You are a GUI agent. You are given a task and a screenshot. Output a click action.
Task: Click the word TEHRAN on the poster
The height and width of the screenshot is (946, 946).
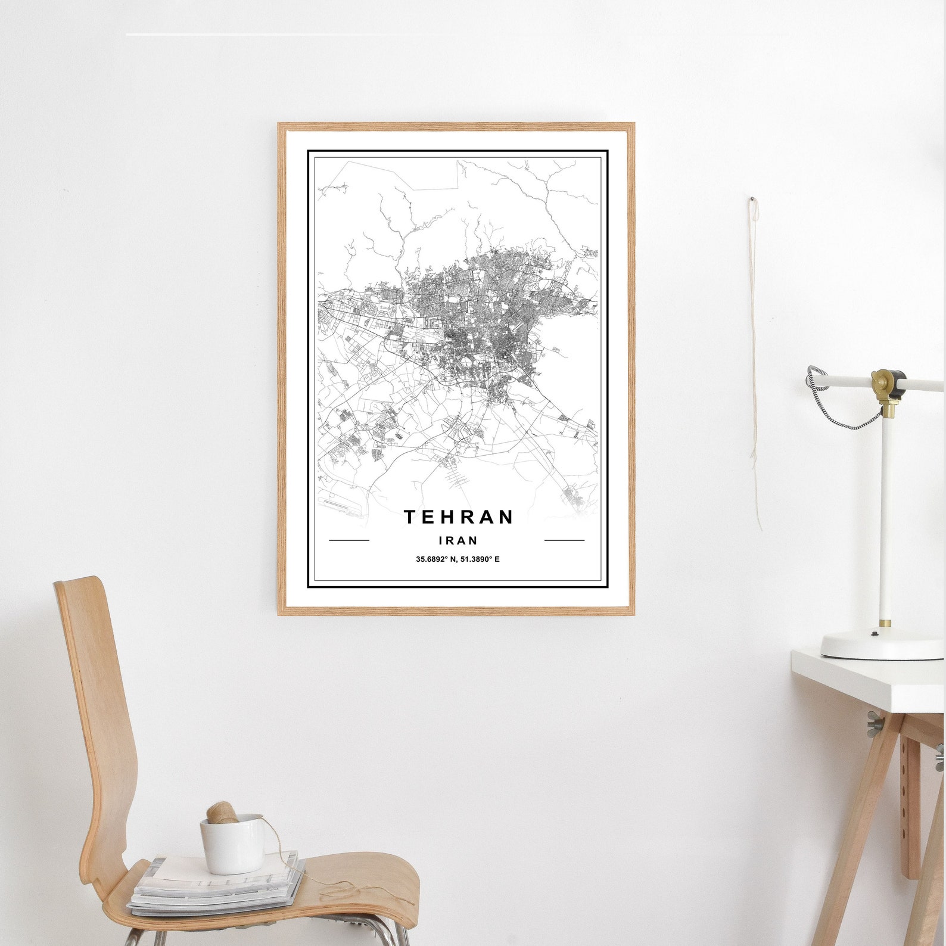458,517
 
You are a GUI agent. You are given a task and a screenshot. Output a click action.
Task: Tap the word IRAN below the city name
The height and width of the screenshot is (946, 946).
458,541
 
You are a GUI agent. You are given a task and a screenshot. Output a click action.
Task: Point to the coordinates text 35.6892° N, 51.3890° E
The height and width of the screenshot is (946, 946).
458,559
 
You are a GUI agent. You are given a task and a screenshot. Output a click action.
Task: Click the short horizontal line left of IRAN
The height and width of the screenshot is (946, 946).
349,541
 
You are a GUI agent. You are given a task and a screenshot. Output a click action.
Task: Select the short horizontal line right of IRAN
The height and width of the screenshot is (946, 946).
564,541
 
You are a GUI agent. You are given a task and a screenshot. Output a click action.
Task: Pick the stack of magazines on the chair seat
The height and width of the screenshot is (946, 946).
214,888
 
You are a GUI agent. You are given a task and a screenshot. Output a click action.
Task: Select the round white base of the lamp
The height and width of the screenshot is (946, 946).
882,646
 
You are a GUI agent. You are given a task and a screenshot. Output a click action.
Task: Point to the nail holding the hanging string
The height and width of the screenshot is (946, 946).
752,199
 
